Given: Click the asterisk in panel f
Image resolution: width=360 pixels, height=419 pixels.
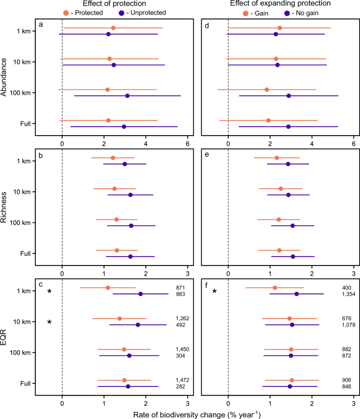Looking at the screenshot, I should [214, 292].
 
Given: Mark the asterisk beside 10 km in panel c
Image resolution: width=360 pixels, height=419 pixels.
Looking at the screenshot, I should [49, 322].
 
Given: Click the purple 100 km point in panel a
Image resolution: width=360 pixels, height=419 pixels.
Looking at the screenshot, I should [127, 96].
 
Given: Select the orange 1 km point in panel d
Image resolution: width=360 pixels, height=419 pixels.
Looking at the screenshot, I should [280, 28].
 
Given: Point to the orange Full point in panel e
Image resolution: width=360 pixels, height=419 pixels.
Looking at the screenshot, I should [279, 250].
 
